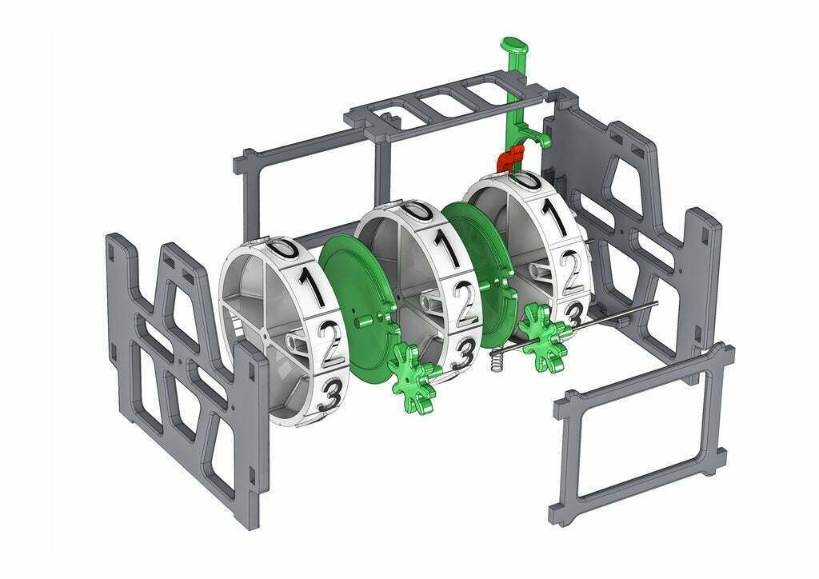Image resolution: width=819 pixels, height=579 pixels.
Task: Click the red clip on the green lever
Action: pyautogui.click(x=510, y=158)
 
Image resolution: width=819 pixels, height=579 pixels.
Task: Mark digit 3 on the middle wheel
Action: pyautogui.click(x=462, y=354)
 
